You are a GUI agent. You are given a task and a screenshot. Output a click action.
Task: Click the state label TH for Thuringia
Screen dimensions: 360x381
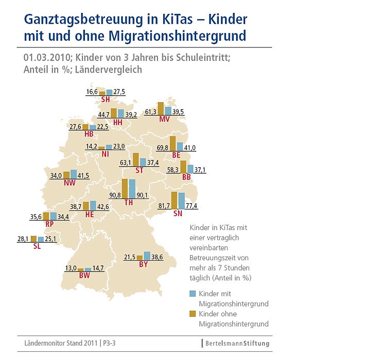129,203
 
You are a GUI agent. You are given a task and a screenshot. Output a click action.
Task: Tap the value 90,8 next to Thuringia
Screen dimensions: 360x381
114,195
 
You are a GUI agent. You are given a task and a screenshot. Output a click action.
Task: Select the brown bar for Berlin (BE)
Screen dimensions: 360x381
173,143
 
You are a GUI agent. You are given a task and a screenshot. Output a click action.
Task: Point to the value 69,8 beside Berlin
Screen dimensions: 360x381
163,148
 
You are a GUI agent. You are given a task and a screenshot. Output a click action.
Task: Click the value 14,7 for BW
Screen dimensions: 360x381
98,268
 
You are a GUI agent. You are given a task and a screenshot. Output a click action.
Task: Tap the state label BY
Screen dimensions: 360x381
143,264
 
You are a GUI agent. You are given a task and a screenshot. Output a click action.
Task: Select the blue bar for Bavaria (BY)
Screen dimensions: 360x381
147,256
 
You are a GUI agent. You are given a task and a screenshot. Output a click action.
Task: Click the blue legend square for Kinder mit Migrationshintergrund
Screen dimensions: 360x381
193,294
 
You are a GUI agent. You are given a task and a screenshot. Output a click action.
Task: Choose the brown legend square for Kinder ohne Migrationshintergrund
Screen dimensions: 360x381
193,314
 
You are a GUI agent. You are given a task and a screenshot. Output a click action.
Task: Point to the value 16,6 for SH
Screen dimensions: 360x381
92,92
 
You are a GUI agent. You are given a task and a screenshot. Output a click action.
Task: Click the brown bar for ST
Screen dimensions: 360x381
136,159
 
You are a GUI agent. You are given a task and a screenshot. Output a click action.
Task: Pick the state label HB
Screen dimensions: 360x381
89,133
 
